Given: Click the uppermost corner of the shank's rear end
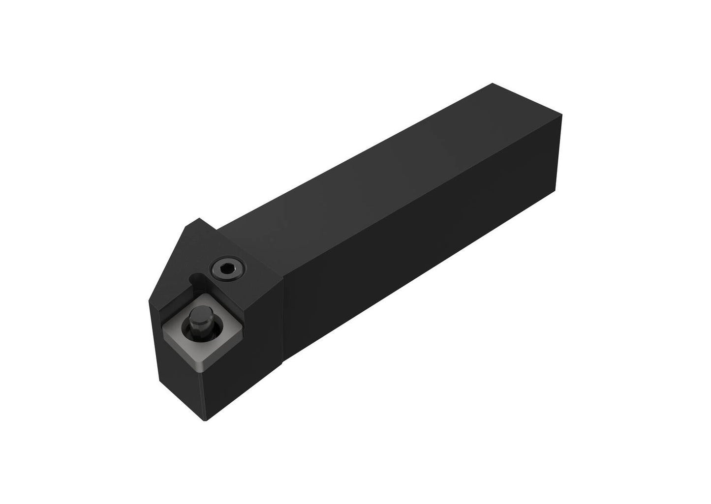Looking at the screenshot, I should [493, 84].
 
